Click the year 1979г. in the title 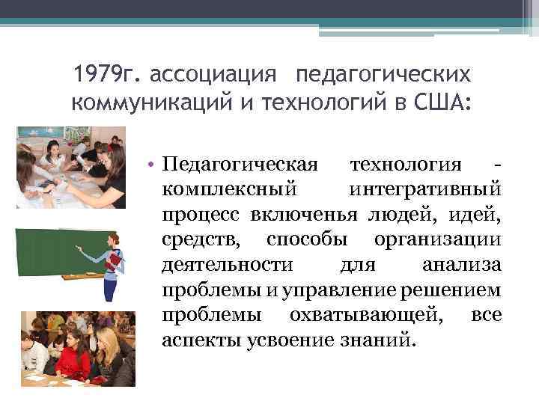109,75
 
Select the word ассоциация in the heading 215,75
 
